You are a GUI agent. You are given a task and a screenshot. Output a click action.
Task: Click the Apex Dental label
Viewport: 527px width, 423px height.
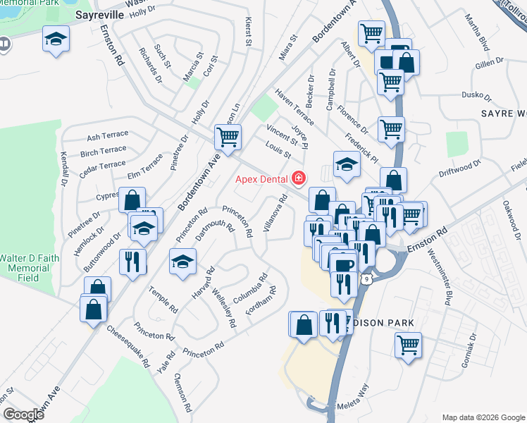click(x=263, y=178)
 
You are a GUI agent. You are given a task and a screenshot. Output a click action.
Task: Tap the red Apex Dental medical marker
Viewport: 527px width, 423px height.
click(x=300, y=178)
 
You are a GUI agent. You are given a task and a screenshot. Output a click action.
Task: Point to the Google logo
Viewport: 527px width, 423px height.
click(x=23, y=415)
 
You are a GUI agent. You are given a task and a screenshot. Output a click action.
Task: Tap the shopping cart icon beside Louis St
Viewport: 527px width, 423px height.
click(x=228, y=136)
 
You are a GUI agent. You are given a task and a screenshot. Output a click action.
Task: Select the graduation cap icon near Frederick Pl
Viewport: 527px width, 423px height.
click(x=347, y=164)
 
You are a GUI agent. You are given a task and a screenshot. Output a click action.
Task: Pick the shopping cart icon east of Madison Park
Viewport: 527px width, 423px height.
click(x=408, y=345)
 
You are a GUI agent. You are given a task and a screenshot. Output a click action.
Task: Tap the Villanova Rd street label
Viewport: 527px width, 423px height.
click(x=277, y=213)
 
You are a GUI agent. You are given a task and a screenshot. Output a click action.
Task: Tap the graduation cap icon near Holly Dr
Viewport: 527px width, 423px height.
click(x=56, y=39)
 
